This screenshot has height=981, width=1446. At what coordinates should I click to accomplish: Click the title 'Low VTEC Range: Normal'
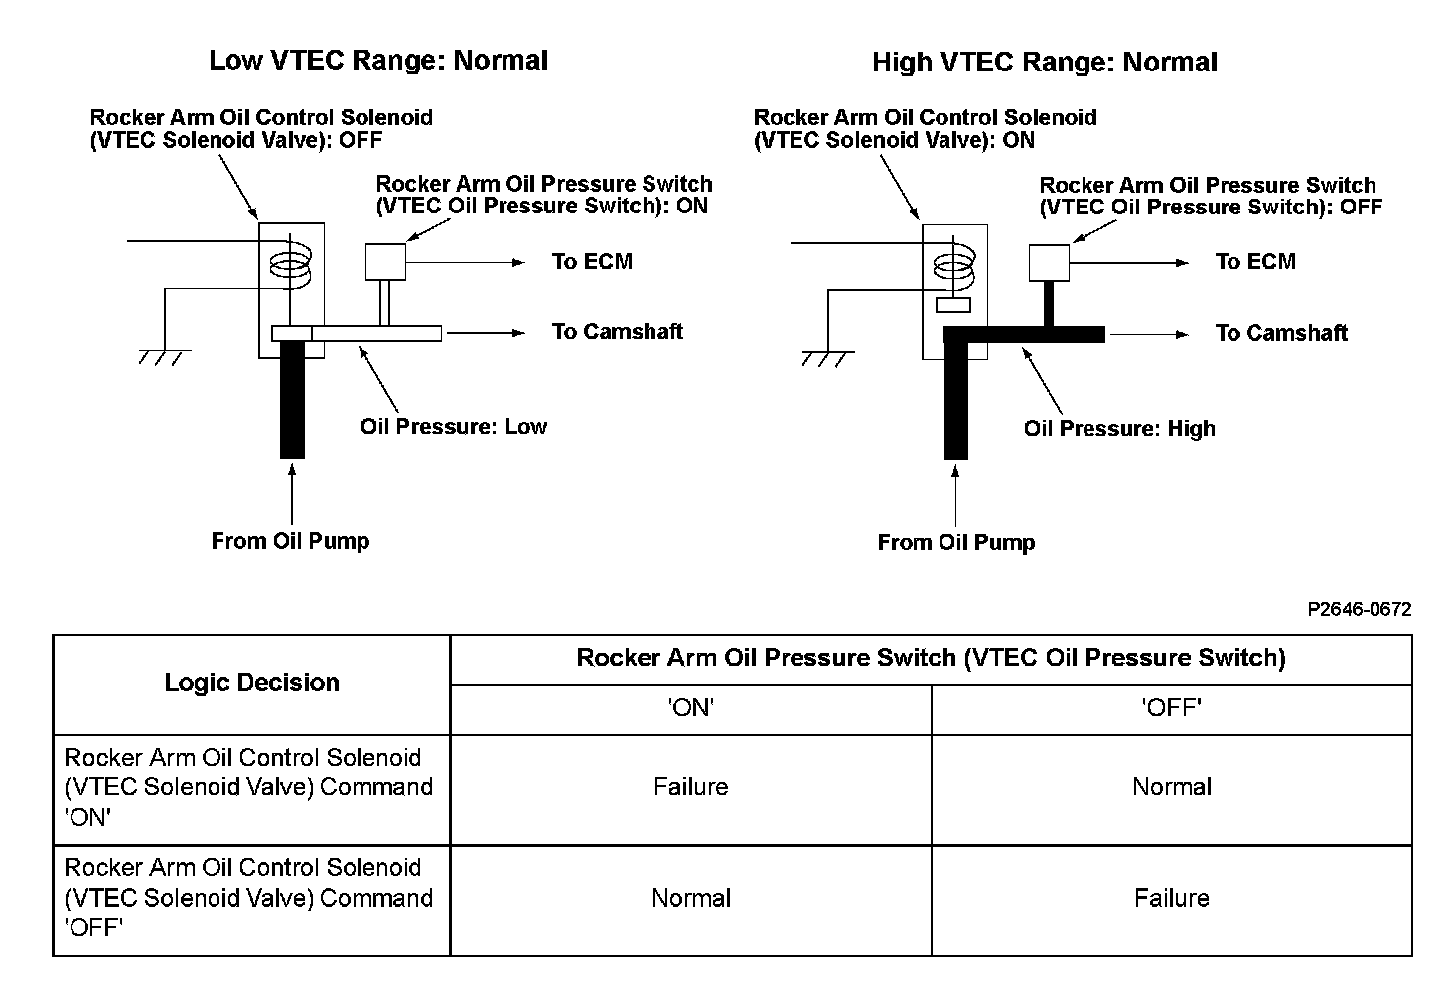pyautogui.click(x=378, y=60)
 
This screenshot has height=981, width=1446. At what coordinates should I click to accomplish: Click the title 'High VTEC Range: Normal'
pyautogui.click(x=1045, y=63)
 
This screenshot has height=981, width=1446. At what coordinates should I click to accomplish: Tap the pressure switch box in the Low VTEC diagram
pyautogui.click(x=385, y=261)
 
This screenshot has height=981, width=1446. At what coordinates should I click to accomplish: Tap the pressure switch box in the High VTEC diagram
pyautogui.click(x=1049, y=263)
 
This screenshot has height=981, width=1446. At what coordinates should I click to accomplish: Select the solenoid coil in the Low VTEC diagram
pyautogui.click(x=290, y=265)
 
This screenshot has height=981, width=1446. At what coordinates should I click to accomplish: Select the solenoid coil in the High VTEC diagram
pyautogui.click(x=953, y=267)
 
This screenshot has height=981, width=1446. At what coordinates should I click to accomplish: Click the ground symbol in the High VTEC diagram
pyautogui.click(x=828, y=359)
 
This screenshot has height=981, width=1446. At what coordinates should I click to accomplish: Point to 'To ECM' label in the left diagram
pyautogui.click(x=592, y=261)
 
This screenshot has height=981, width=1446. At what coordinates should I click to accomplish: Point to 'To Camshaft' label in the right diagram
pyautogui.click(x=1281, y=333)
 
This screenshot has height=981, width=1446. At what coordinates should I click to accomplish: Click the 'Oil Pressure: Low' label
pyautogui.click(x=453, y=427)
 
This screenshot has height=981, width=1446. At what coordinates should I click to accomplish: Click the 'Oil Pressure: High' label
pyautogui.click(x=1119, y=429)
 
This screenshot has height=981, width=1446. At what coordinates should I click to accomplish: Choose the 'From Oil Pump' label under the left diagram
pyautogui.click(x=290, y=541)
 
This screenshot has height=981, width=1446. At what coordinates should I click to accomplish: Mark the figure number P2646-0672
pyautogui.click(x=1359, y=609)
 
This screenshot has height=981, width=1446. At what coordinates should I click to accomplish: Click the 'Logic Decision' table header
pyautogui.click(x=252, y=682)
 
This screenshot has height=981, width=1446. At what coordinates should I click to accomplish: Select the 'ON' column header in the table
pyautogui.click(x=691, y=708)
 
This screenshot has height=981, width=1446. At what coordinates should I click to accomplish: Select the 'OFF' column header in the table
pyautogui.click(x=1172, y=708)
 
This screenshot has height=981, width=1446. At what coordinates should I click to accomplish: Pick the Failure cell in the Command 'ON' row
pyautogui.click(x=691, y=787)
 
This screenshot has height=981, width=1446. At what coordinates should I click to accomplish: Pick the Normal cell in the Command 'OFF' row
pyautogui.click(x=691, y=898)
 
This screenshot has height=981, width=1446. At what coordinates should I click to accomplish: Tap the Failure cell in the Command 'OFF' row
pyautogui.click(x=1172, y=898)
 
